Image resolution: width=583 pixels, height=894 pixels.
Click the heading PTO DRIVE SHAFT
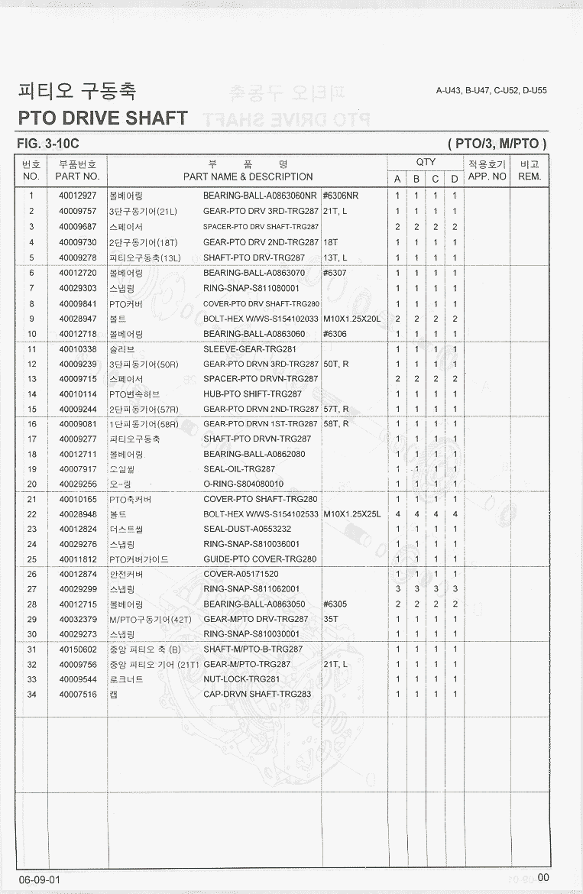pos(102,118)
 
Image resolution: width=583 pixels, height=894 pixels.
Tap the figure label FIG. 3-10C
pos(48,144)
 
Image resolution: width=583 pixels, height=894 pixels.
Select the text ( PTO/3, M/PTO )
pos(497,144)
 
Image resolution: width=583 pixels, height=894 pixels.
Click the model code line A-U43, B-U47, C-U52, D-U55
pos(491,90)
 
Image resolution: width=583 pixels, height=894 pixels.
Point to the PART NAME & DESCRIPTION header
pos(248,177)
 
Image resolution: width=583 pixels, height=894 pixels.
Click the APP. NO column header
pos(487,177)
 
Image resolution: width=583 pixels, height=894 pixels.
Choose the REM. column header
pos(530,177)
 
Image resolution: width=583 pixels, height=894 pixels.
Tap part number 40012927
pos(78,196)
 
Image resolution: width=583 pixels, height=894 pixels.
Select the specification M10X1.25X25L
pos(351,514)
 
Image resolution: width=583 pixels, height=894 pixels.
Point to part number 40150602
pos(78,649)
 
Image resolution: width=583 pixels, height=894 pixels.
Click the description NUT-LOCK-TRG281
pos(241,679)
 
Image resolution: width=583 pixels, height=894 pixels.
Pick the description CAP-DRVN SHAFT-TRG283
pos(257,695)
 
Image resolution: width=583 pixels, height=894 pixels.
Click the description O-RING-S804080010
pos(244,484)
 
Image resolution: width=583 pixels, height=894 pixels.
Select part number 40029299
pos(78,589)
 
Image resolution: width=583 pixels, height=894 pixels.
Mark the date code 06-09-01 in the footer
pos(40,879)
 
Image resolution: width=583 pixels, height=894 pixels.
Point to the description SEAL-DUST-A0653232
pos(247,530)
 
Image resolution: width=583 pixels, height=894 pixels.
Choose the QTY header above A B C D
pos(426,162)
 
